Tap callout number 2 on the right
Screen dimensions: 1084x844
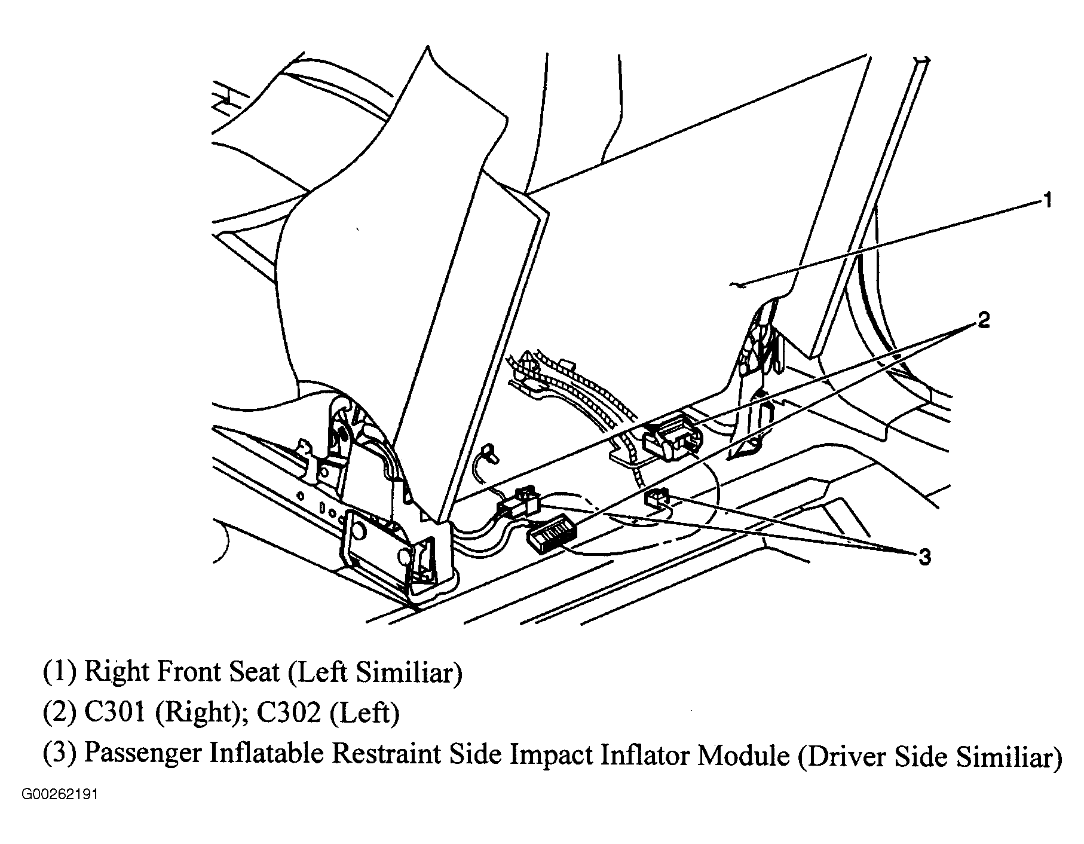coord(984,320)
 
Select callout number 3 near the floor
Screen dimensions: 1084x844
coord(924,557)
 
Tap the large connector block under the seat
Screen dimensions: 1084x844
coord(669,433)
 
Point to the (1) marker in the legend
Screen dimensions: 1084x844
coord(59,672)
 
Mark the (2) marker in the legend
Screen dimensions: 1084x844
coord(59,714)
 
